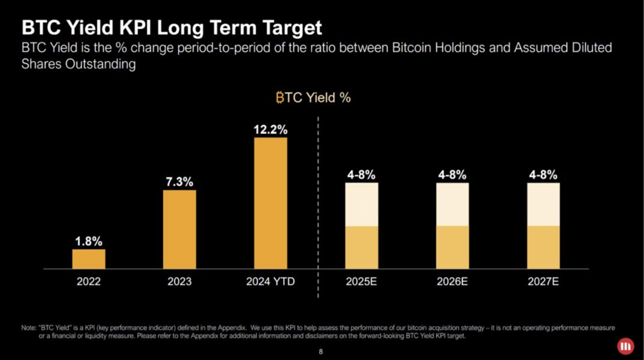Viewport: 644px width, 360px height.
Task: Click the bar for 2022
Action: click(89, 259)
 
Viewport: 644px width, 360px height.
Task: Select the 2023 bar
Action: click(179, 229)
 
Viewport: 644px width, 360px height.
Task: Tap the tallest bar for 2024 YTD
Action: click(270, 203)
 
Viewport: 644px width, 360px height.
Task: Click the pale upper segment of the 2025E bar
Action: click(361, 204)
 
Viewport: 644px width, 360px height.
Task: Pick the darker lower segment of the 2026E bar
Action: click(453, 247)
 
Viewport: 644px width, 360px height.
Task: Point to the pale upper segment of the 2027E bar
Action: click(544, 204)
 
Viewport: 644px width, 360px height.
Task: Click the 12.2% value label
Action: click(270, 130)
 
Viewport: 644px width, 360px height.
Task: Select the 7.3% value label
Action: click(179, 182)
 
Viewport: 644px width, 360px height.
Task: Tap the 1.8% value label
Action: click(89, 241)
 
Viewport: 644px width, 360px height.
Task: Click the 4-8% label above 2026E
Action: click(453, 175)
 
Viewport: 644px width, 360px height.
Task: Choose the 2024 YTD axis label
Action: click(270, 282)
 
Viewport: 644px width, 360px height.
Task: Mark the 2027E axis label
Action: click(544, 282)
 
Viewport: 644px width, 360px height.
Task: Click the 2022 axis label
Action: click(89, 282)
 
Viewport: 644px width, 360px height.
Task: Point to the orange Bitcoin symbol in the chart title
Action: click(280, 98)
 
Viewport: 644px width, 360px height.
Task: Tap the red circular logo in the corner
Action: click(625, 346)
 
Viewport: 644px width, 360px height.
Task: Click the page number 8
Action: click(321, 352)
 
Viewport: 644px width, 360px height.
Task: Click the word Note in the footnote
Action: click(28, 328)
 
